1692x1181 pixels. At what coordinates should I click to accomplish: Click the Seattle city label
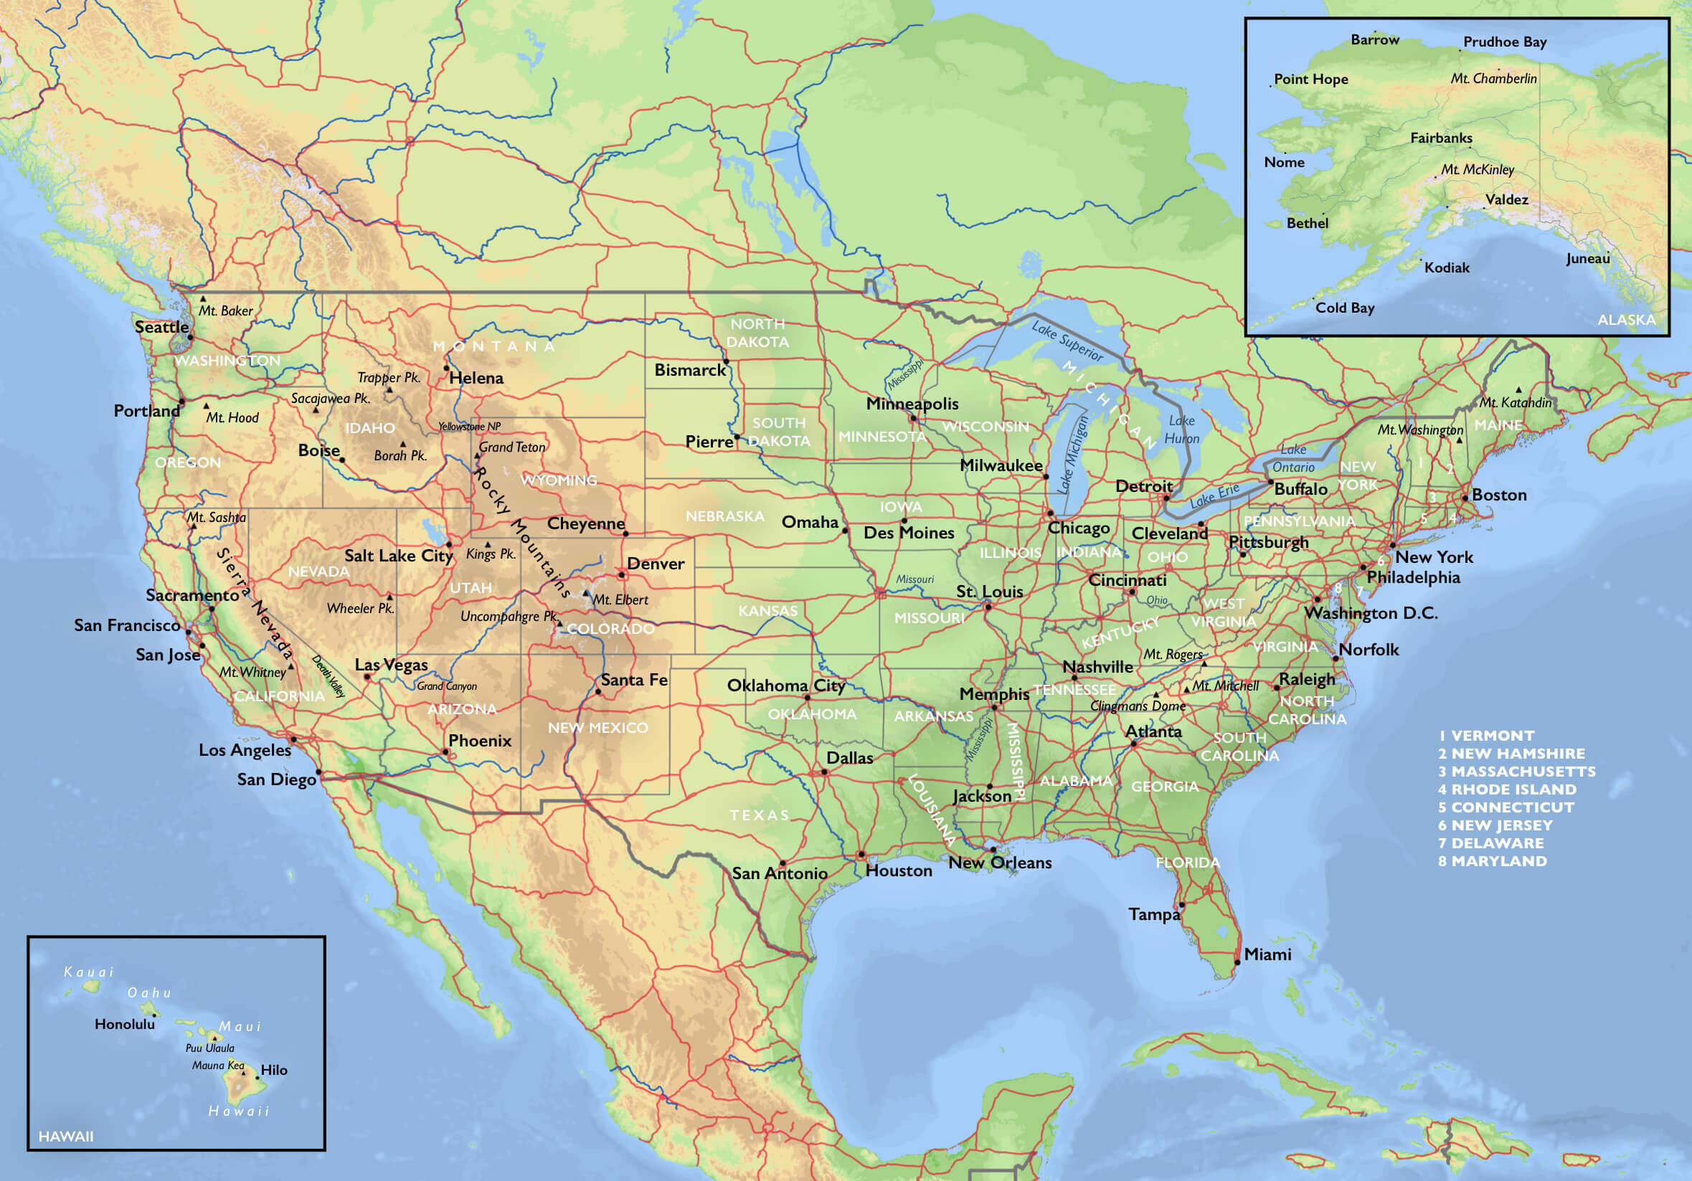[161, 327]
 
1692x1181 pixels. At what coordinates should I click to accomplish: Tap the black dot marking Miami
[1237, 962]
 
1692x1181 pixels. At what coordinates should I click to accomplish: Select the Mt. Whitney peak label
[252, 672]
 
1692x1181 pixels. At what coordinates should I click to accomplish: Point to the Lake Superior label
[1067, 341]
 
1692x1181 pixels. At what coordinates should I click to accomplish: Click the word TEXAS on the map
[760, 815]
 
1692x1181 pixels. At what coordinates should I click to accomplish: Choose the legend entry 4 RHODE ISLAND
[1507, 789]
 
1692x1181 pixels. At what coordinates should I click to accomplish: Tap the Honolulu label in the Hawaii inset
[125, 1024]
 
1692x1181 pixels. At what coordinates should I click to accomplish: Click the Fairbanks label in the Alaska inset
[1441, 138]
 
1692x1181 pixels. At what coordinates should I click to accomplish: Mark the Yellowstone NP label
[469, 427]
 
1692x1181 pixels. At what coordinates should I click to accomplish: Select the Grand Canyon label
[447, 686]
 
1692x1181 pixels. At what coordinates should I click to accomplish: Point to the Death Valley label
[329, 675]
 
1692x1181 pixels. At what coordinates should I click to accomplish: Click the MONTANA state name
[493, 346]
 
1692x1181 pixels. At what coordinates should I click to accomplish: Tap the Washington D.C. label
[1371, 613]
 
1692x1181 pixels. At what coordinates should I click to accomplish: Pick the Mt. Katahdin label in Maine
[1515, 402]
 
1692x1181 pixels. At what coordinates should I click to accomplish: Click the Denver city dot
[622, 574]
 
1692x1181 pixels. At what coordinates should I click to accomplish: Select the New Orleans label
[999, 863]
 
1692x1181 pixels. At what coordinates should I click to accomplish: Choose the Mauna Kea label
[217, 1066]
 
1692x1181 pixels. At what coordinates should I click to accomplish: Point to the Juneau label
[1587, 259]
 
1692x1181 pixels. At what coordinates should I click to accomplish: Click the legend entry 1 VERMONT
[1486, 735]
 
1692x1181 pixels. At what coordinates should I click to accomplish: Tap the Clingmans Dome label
[1138, 706]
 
